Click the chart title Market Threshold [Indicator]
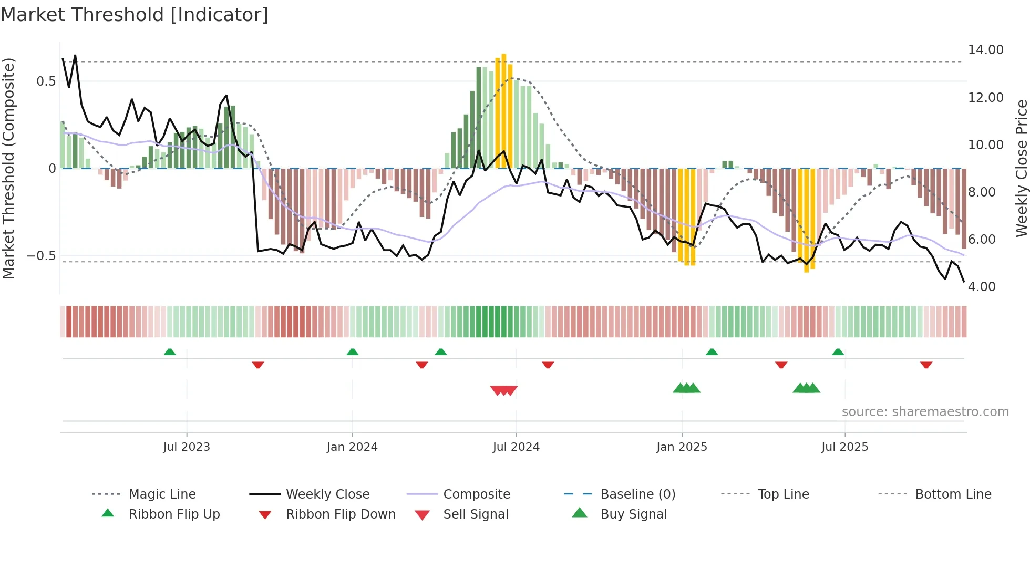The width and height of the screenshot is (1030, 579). [x=135, y=15]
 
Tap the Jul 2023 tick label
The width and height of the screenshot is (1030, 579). [x=186, y=447]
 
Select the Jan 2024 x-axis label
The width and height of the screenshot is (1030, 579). [x=352, y=447]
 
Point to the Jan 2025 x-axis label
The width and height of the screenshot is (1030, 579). [x=682, y=447]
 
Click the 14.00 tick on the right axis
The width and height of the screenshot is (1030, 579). [x=985, y=50]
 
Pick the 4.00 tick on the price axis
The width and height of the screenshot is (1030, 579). [x=981, y=287]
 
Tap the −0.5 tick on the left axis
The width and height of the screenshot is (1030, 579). [x=42, y=256]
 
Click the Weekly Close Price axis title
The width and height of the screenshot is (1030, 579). [x=1021, y=168]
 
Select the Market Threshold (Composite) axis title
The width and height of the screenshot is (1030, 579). [x=8, y=168]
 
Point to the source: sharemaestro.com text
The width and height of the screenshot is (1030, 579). [x=925, y=412]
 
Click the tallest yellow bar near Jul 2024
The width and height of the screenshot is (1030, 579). [x=503, y=110]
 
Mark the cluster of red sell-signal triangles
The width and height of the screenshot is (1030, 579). [x=503, y=390]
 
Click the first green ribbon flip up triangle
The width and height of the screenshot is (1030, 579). [x=170, y=352]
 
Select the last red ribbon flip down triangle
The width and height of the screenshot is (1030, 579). [x=926, y=365]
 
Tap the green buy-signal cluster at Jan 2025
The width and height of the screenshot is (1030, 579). [x=686, y=388]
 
